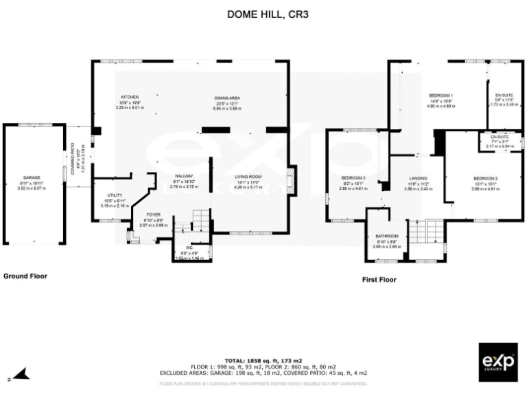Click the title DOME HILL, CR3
263,13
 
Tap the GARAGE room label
32,177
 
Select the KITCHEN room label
130,97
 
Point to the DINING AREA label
227,98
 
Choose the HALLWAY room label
183,176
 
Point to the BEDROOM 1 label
441,94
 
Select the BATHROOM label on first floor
388,236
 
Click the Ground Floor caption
25,276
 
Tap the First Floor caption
379,280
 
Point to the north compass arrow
21,374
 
